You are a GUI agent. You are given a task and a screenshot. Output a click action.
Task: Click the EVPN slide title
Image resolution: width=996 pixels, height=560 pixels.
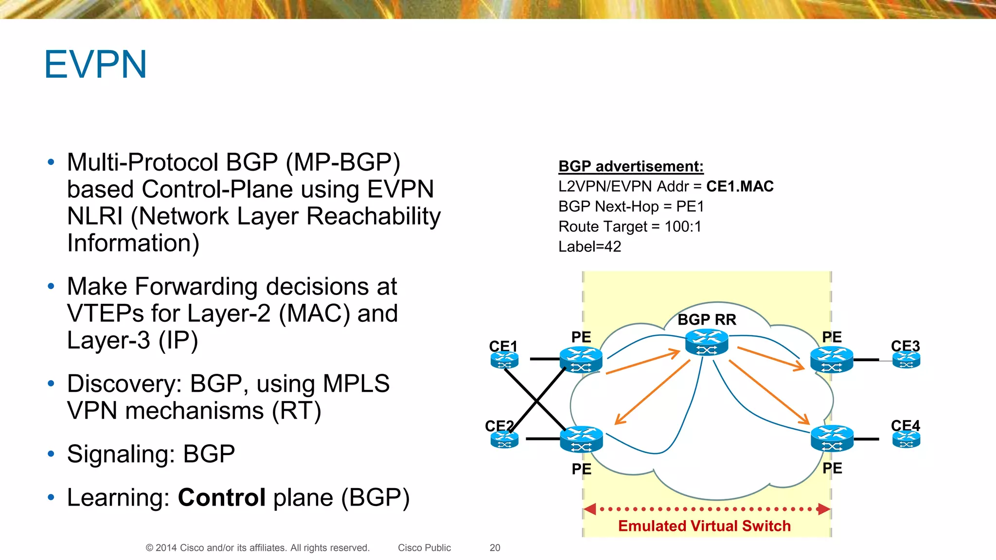click(95, 65)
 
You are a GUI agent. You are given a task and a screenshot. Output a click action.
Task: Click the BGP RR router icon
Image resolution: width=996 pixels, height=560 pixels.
click(706, 342)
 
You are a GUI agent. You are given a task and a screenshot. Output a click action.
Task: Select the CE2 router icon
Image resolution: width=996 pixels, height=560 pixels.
click(504, 440)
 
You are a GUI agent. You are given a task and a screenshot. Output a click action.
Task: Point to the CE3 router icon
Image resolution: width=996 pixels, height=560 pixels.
click(906, 360)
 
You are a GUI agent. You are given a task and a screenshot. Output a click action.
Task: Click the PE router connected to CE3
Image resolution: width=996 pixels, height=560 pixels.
click(832, 360)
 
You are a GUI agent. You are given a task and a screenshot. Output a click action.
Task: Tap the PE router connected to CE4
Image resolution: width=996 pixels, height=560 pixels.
click(832, 438)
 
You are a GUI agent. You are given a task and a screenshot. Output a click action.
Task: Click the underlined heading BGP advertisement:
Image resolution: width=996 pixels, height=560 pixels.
click(631, 167)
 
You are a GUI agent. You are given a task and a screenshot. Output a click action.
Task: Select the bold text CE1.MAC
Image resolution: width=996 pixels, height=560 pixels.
click(740, 187)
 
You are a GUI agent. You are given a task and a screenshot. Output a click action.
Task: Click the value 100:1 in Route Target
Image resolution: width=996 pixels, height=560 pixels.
click(683, 227)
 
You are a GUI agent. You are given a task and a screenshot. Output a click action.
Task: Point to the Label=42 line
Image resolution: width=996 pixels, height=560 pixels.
click(589, 247)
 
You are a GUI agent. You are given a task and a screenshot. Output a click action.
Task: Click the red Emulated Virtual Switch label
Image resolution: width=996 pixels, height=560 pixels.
click(704, 526)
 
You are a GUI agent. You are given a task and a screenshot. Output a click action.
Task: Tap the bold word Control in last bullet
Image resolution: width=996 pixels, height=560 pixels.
click(222, 497)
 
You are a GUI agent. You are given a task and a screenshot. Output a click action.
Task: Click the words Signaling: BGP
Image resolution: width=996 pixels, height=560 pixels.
click(151, 454)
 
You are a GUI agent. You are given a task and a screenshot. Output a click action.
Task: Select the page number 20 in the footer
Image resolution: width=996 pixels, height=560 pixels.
click(495, 548)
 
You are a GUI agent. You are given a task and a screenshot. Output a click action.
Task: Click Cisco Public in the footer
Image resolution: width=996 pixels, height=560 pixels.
click(424, 548)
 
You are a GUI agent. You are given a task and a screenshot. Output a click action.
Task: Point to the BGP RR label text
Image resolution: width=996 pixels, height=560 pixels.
click(707, 320)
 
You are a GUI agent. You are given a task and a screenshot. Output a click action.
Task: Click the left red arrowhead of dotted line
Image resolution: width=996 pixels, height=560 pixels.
click(590, 509)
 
